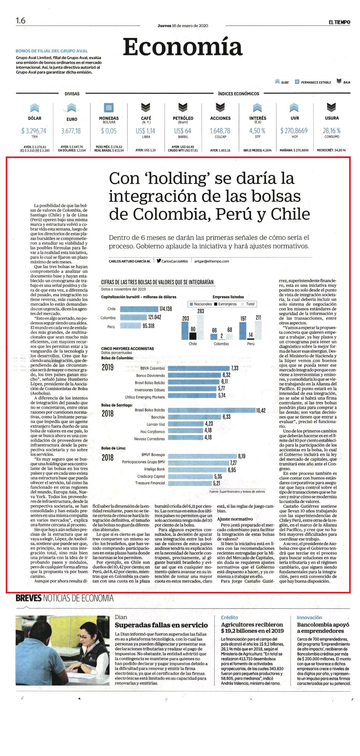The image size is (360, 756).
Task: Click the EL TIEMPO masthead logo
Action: (x=339, y=22)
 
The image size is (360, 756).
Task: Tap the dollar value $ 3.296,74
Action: (x=34, y=131)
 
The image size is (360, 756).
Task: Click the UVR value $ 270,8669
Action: (x=294, y=131)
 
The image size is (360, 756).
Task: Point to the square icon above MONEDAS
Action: (x=109, y=107)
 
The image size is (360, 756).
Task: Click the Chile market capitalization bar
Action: (x=139, y=309)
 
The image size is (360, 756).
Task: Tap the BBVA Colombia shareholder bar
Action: (x=198, y=368)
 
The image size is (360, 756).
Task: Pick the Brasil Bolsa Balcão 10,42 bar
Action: (x=211, y=410)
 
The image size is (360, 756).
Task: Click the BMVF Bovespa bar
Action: (x=202, y=456)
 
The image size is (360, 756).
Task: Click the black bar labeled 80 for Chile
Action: (x=192, y=336)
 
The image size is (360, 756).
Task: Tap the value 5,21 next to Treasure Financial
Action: (x=217, y=483)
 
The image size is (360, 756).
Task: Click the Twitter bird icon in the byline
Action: (x=158, y=261)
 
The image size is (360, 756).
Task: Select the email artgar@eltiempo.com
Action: (x=212, y=261)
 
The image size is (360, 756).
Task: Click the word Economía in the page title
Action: (x=183, y=47)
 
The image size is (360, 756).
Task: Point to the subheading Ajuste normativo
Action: (x=235, y=519)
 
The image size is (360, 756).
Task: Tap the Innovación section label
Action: (x=309, y=617)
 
